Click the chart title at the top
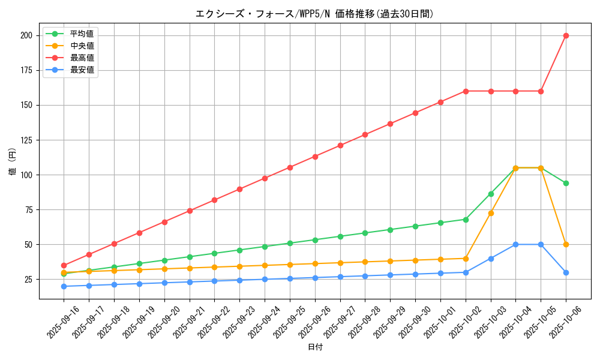pyautogui.click(x=314, y=14)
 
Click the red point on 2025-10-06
pyautogui.click(x=566, y=35)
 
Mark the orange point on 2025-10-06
pyautogui.click(x=566, y=244)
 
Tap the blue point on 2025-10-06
pyautogui.click(x=566, y=272)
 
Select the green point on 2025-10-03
pyautogui.click(x=491, y=194)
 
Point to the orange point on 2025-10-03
pyautogui.click(x=491, y=213)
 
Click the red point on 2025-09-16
pyautogui.click(x=64, y=265)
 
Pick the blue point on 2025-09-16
pyautogui.click(x=64, y=286)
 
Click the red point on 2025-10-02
pyautogui.click(x=466, y=91)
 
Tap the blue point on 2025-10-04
pyautogui.click(x=515, y=244)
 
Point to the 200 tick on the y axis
pyautogui.click(x=26, y=35)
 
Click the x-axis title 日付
pyautogui.click(x=315, y=347)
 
